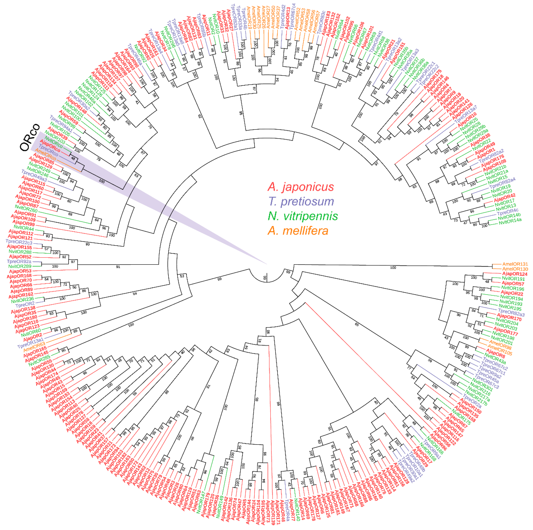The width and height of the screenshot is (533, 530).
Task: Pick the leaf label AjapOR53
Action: tap(20, 271)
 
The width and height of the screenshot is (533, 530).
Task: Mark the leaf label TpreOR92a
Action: tap(19, 261)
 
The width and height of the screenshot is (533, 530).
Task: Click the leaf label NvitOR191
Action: tap(513, 279)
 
